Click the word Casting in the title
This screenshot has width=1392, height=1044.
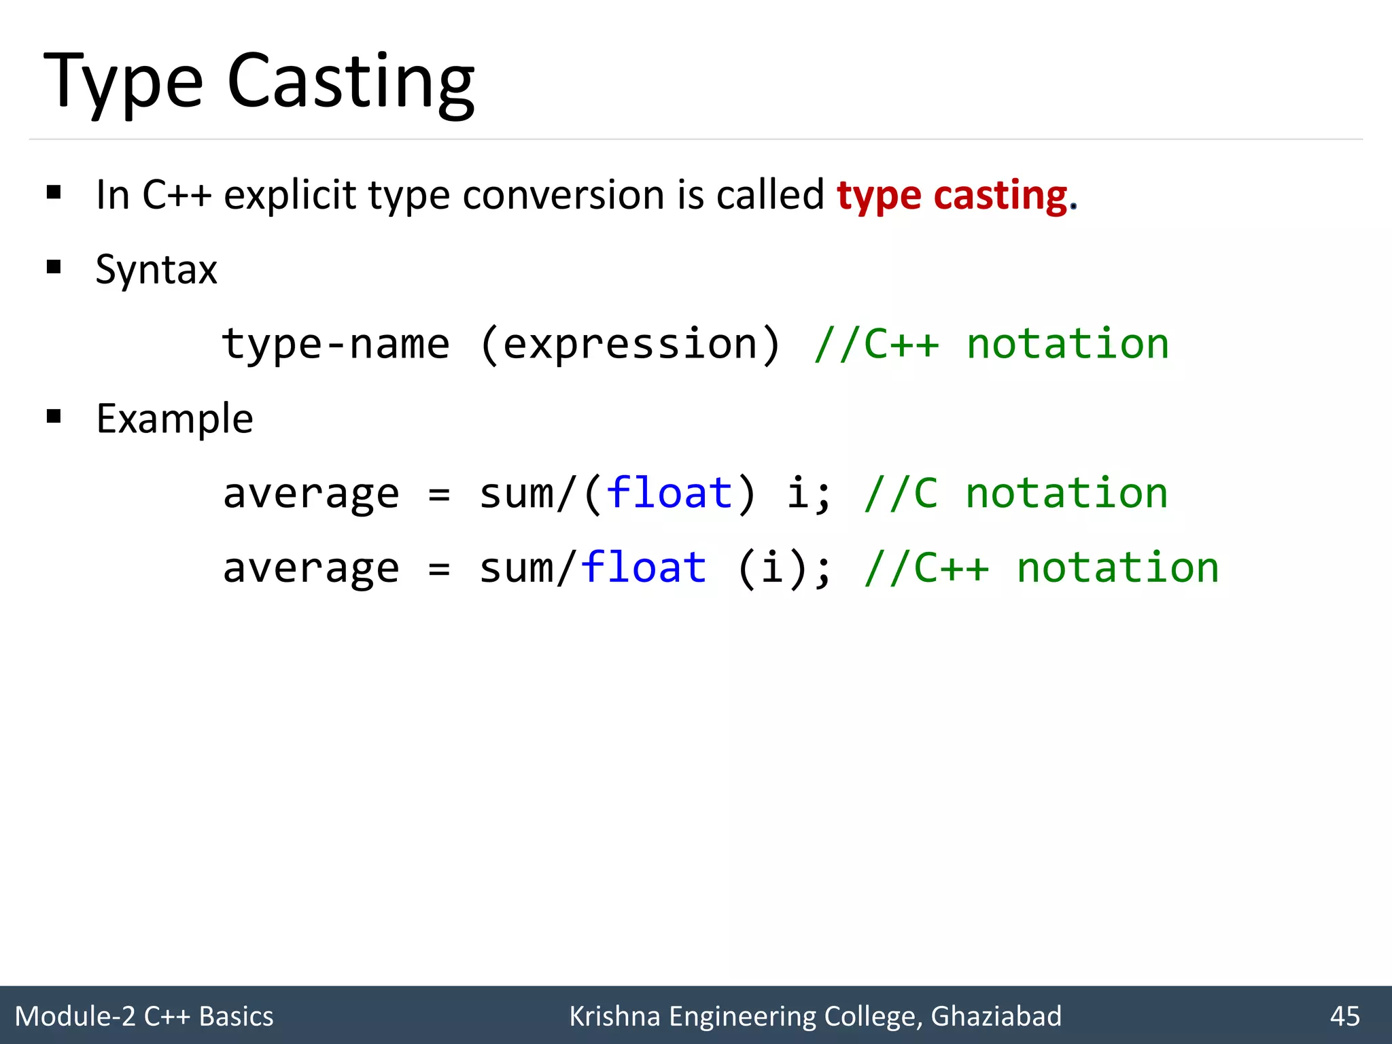point(350,83)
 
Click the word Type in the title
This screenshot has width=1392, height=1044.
point(123,83)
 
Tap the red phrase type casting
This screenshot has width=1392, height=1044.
point(952,196)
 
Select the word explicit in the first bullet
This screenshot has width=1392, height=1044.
point(290,196)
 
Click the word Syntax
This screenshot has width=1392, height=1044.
point(156,270)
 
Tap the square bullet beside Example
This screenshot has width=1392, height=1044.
point(54,416)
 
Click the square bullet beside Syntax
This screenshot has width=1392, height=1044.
point(54,266)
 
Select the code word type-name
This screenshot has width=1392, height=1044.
point(336,344)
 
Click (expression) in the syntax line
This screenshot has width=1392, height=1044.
point(630,344)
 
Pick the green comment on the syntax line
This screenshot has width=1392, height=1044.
point(991,344)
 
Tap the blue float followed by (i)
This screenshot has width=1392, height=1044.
point(643,568)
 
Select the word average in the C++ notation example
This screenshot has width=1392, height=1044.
point(311,568)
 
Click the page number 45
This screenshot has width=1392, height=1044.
point(1344,1016)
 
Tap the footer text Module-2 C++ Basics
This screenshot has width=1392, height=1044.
point(144,1016)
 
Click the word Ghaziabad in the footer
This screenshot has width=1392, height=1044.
point(996,1016)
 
